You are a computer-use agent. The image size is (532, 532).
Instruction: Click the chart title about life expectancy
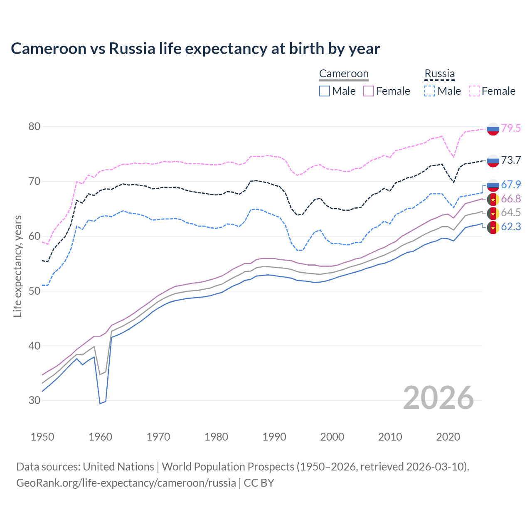[195, 49]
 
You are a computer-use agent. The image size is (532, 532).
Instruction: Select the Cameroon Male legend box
[325, 91]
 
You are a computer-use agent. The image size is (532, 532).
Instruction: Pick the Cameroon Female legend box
[369, 91]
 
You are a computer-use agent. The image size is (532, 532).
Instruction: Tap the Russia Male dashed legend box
[430, 91]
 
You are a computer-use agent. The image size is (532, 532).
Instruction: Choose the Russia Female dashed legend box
[474, 91]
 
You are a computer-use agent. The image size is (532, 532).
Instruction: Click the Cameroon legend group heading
[344, 74]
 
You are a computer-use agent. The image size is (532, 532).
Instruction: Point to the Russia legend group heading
[439, 74]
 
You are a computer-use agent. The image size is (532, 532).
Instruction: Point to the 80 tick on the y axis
[34, 127]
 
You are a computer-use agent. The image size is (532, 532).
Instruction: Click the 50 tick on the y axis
[34, 291]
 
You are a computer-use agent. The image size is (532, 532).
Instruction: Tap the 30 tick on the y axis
[34, 401]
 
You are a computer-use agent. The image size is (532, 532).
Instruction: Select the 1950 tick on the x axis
[42, 437]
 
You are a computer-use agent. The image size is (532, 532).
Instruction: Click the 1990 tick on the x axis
[274, 437]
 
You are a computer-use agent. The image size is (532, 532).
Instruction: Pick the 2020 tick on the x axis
[448, 437]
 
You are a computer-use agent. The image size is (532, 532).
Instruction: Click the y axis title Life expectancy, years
[17, 266]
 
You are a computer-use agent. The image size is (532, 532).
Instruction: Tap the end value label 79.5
[511, 128]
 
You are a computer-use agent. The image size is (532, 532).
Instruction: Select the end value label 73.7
[511, 160]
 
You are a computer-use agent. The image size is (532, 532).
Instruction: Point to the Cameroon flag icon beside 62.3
[493, 227]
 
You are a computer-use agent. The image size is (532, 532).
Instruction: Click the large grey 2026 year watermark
[438, 398]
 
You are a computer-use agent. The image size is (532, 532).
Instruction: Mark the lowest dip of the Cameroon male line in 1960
[100, 403]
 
